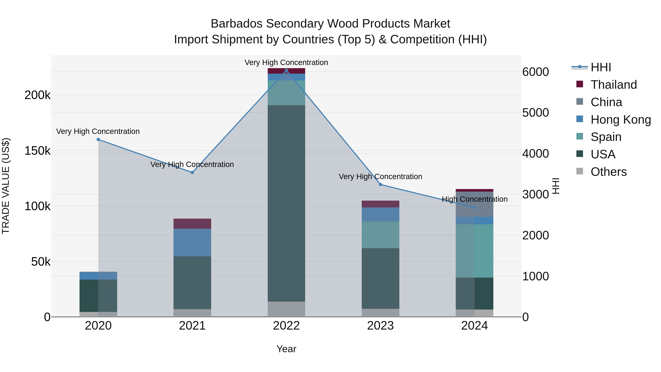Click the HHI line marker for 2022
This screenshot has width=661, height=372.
pyautogui.click(x=286, y=70)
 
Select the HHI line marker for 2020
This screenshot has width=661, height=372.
pyautogui.click(x=98, y=139)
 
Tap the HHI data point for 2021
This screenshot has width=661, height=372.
pyautogui.click(x=192, y=172)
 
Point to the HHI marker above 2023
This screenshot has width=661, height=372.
pyautogui.click(x=381, y=185)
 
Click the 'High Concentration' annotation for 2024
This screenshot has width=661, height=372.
pyautogui.click(x=474, y=199)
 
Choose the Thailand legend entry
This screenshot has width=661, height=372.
pyautogui.click(x=613, y=85)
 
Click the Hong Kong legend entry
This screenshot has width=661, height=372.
pyautogui.click(x=620, y=120)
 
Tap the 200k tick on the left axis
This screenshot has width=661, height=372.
pyautogui.click(x=37, y=95)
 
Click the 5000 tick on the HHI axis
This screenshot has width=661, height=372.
pyautogui.click(x=536, y=113)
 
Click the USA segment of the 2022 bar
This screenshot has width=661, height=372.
pyautogui.click(x=286, y=203)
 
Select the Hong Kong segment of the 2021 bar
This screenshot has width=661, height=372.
pyautogui.click(x=192, y=242)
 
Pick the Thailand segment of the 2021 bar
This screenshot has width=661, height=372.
pyautogui.click(x=192, y=224)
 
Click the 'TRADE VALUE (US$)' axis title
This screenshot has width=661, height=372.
pyautogui.click(x=6, y=186)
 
